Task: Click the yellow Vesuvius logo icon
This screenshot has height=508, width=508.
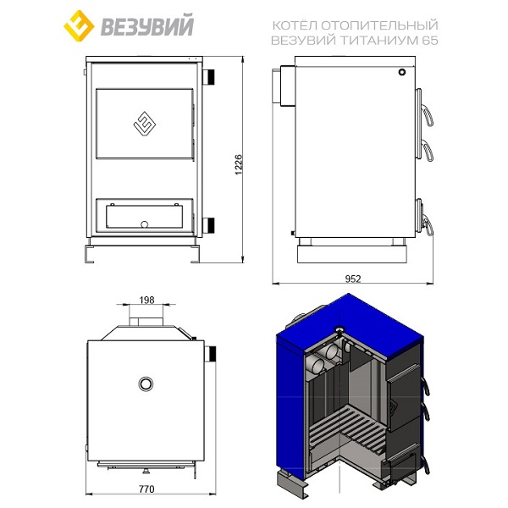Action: [x=79, y=25]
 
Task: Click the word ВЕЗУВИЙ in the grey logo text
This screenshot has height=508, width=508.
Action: [x=147, y=25]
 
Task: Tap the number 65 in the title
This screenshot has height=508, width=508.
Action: [x=430, y=41]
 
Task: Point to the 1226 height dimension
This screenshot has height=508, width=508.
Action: [x=239, y=164]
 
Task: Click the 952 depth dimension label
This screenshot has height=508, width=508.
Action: [x=353, y=279]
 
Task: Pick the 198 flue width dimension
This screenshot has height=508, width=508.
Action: [x=146, y=300]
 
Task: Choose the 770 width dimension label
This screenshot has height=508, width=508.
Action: [x=146, y=489]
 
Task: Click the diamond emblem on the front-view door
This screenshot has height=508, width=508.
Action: [x=145, y=124]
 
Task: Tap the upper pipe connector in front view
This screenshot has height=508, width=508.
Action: [x=208, y=77]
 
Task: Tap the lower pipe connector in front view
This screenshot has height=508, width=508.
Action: [x=208, y=225]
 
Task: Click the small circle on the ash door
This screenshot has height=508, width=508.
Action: [x=145, y=224]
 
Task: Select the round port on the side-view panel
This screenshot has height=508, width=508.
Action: [x=401, y=72]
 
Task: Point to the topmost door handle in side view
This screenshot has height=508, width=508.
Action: [x=428, y=115]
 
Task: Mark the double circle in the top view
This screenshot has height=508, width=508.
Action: [x=146, y=384]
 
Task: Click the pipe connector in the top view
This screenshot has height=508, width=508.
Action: [x=210, y=354]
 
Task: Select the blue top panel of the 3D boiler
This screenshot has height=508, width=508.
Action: [x=350, y=327]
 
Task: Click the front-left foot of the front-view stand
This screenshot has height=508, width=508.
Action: [x=90, y=255]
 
